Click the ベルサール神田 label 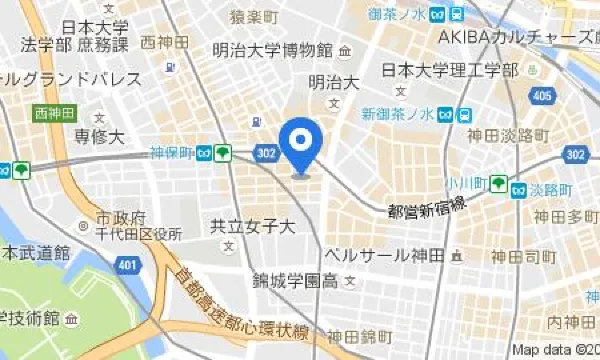pos(384,256)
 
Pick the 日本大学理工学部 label pos(450,70)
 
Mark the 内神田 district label pos(570,322)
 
